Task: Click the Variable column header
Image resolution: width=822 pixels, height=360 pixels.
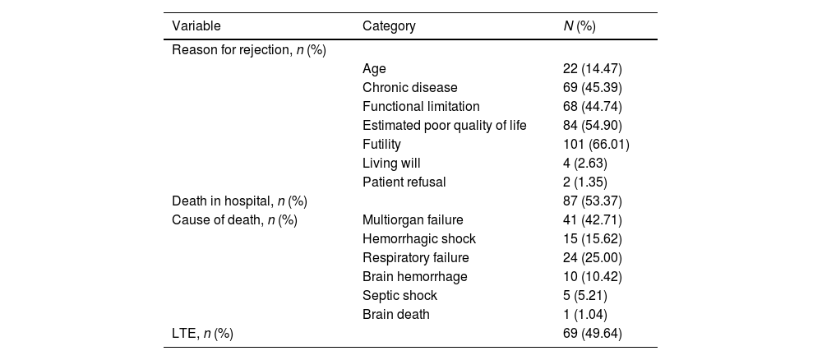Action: pos(196,26)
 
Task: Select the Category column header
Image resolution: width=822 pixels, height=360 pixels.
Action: pos(389,26)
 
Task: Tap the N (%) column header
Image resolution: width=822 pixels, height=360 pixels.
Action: pos(580,26)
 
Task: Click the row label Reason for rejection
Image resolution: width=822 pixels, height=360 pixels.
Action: pos(249,50)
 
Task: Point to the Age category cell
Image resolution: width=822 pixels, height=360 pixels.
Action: pos(374,69)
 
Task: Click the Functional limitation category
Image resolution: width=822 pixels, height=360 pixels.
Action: pos(421,106)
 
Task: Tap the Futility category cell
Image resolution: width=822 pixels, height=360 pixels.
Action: pos(381,144)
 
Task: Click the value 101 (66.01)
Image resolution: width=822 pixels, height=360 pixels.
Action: pos(596,144)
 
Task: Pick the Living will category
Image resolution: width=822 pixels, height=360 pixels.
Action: pos(391,163)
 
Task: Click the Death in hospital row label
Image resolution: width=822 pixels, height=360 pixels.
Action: pos(239,201)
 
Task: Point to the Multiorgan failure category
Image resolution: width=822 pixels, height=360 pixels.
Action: pos(413,220)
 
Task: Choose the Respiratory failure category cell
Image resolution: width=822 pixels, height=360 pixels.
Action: pos(416,258)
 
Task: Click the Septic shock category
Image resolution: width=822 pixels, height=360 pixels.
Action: pos(399,296)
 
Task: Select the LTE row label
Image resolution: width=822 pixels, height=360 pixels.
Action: pos(202,333)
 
